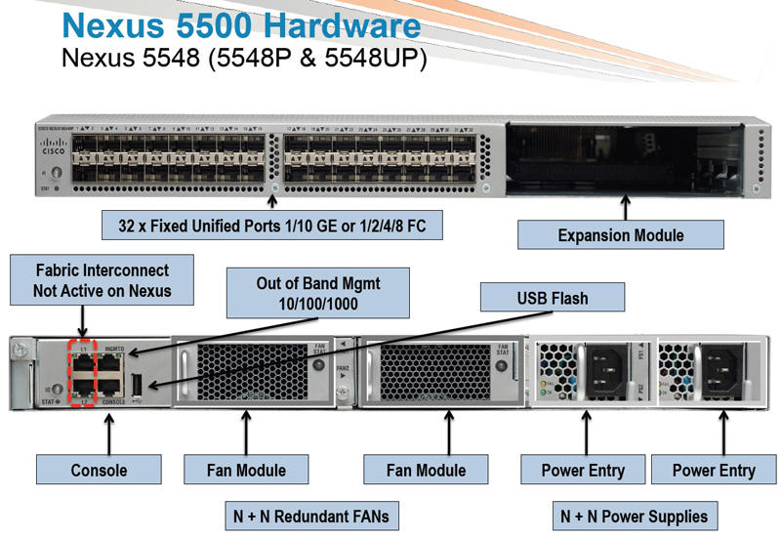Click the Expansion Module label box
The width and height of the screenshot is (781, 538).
[x=620, y=234]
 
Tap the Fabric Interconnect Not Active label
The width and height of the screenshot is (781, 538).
[x=102, y=280]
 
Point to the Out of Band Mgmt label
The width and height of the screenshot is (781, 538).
[x=318, y=293]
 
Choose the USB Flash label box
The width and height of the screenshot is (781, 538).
[x=552, y=298]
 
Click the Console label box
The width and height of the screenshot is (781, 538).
[x=99, y=470]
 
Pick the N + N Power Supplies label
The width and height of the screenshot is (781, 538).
[x=634, y=515]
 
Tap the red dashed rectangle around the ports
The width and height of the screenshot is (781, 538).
[x=83, y=372]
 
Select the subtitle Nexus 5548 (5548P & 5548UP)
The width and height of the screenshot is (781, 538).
[x=243, y=59]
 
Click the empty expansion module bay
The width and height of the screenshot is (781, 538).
[x=625, y=156]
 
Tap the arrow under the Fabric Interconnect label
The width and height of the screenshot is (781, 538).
[x=82, y=319]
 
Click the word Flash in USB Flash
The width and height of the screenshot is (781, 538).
[x=569, y=298]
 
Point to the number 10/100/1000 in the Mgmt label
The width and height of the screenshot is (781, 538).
[x=318, y=303]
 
